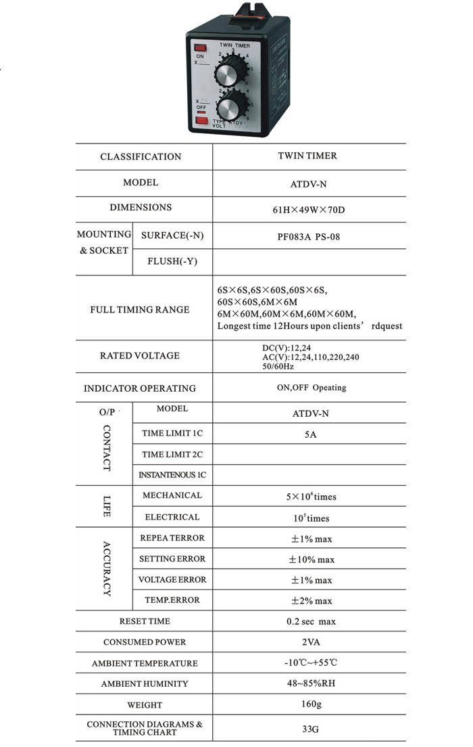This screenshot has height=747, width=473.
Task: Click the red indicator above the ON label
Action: pyautogui.click(x=200, y=47)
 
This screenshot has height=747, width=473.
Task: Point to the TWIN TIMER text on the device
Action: pyautogui.click(x=234, y=45)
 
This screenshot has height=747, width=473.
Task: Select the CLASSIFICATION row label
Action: pyautogui.click(x=141, y=157)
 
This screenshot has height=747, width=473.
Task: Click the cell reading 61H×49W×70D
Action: pyautogui.click(x=308, y=209)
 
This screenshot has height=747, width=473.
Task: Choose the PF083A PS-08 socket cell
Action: pyautogui.click(x=308, y=235)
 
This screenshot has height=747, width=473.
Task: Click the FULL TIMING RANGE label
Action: pyautogui.click(x=140, y=310)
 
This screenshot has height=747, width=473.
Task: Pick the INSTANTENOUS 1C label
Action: pyautogui.click(x=172, y=475)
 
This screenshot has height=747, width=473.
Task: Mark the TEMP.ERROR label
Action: pyautogui.click(x=172, y=600)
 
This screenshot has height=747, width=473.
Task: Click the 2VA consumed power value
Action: pyautogui.click(x=309, y=641)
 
